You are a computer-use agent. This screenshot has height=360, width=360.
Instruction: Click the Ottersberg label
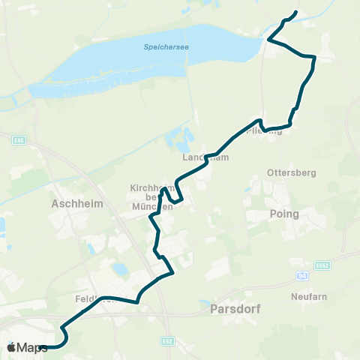click(x=292, y=172)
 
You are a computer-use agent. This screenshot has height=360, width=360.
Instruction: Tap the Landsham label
click(x=199, y=158)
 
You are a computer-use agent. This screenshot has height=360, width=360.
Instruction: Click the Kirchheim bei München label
click(x=152, y=197)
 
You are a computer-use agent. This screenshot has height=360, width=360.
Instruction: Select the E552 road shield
click(x=323, y=265)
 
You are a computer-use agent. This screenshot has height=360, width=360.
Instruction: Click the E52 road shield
click(x=166, y=341)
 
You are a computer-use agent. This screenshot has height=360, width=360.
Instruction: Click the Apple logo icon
click(x=11, y=347)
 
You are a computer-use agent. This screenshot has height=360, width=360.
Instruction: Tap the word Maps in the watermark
click(x=32, y=347)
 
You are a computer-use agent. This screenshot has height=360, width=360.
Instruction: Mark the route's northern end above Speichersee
click(x=295, y=13)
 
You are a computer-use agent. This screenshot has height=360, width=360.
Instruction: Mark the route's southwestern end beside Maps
click(x=43, y=347)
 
